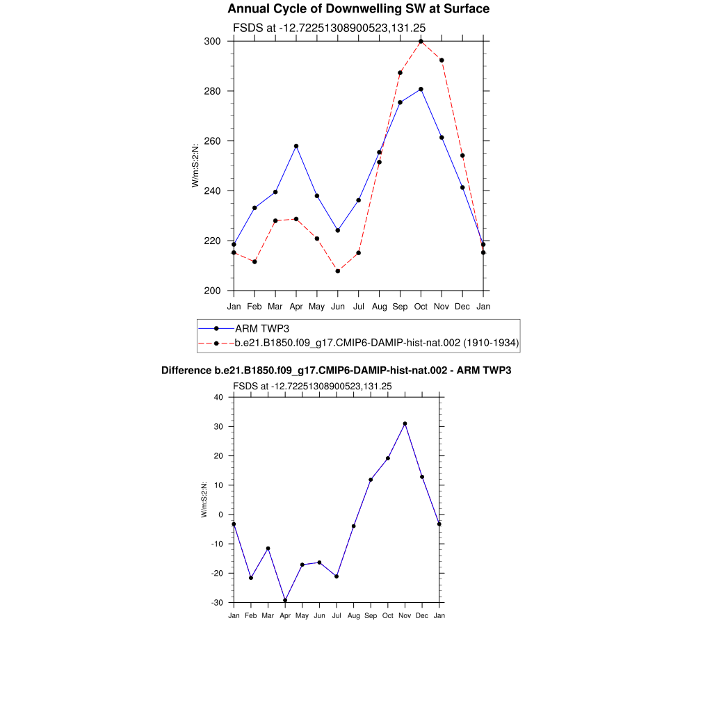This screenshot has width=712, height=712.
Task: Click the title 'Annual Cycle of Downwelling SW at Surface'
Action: pos(358,9)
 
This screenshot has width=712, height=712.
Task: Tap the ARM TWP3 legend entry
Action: pos(261,328)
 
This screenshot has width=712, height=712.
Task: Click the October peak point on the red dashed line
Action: pos(421,42)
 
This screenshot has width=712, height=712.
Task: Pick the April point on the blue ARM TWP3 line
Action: pos(296,146)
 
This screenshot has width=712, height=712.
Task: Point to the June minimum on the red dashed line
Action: pos(338,270)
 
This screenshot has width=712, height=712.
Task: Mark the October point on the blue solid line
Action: pos(421,89)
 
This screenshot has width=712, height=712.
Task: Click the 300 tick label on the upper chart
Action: pos(212,42)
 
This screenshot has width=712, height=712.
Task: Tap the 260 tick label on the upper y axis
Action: pos(212,141)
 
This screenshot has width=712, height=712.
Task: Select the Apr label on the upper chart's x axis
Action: pos(296,307)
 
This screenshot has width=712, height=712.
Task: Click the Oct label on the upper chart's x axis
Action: pos(421,307)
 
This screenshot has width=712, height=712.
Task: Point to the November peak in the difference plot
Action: pos(405,423)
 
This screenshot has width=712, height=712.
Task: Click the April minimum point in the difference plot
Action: pos(285,600)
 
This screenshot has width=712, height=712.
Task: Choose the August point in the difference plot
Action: pos(353,526)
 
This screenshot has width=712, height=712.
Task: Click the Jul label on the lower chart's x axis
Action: pos(337,616)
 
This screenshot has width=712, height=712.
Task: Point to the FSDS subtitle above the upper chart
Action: pos(329,28)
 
